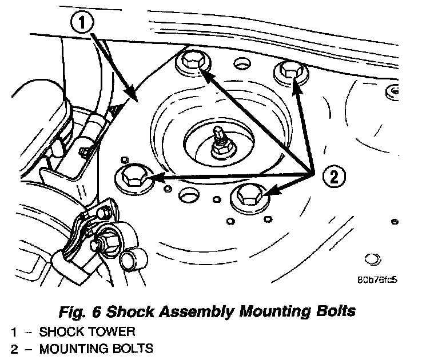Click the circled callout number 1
[x=83, y=24]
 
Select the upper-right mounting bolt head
[x=289, y=72]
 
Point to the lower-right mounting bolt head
[x=247, y=197]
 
